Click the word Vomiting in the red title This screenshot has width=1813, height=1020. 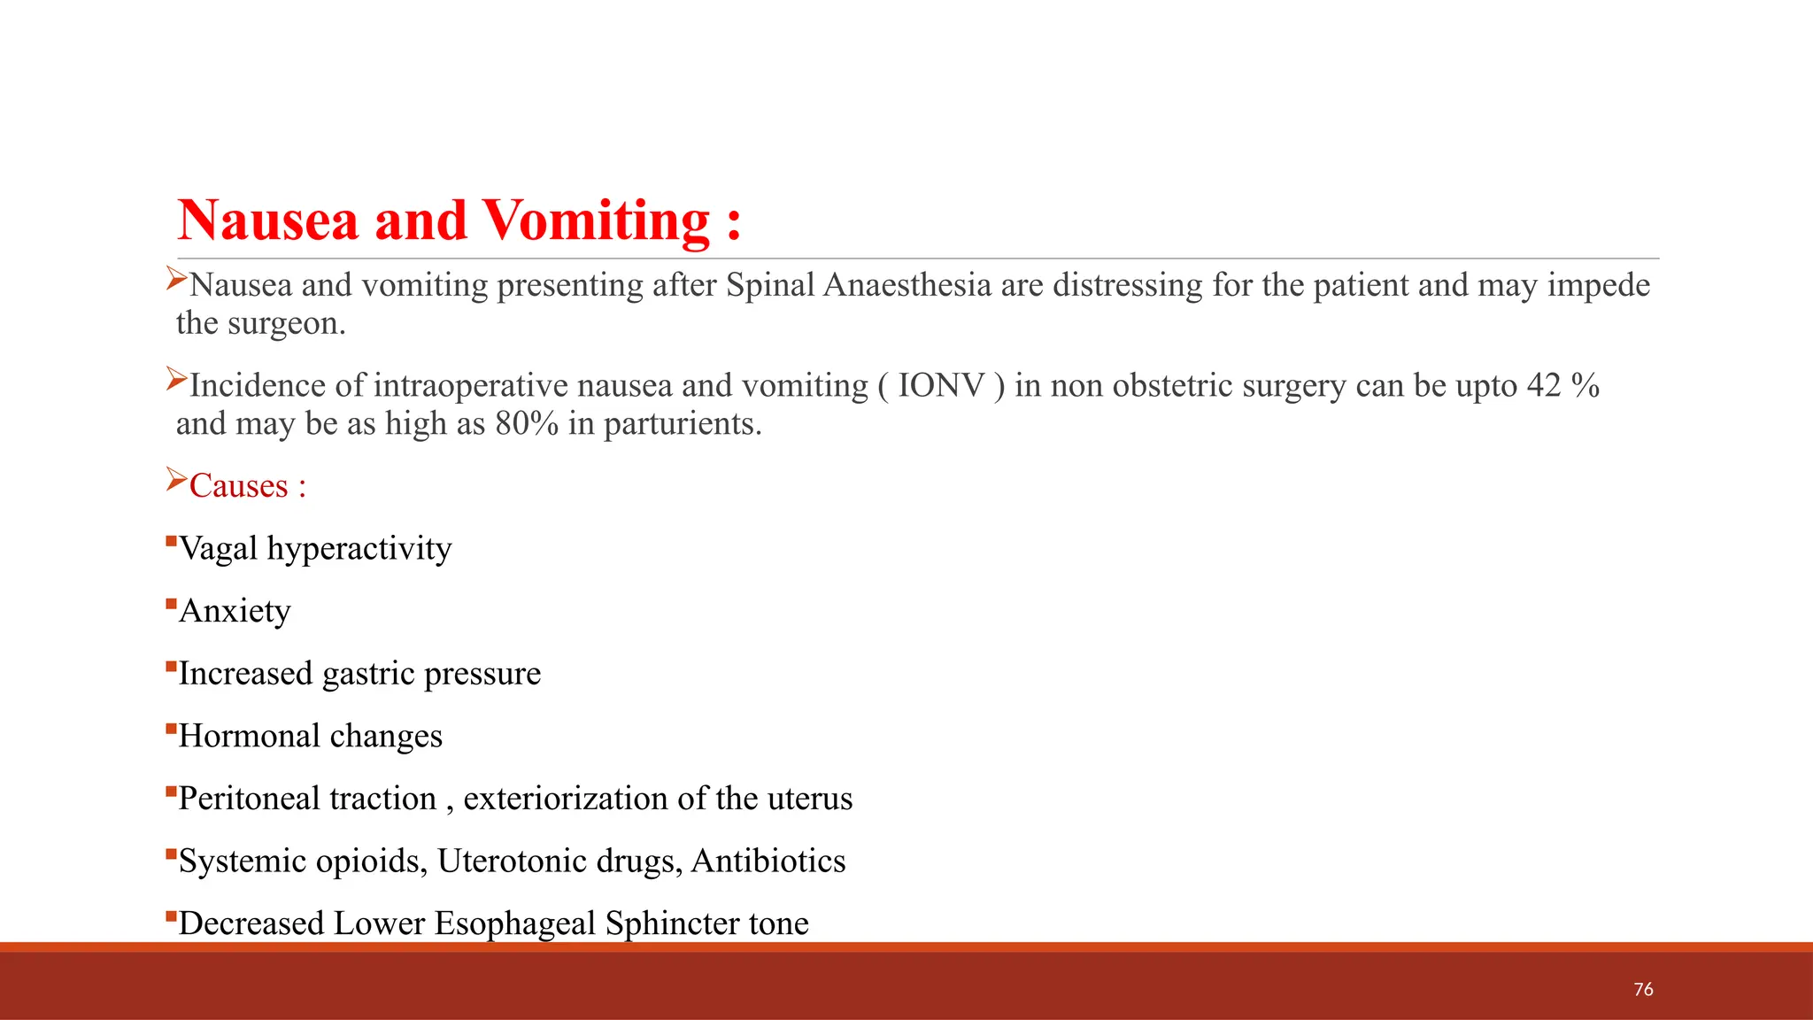596,220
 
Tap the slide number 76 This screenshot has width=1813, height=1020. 1643,989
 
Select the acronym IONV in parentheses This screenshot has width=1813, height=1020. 941,386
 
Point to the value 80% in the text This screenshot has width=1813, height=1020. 527,424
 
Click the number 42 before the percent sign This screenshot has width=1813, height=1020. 1544,386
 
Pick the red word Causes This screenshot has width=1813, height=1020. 238,486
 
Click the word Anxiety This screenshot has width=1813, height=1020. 235,611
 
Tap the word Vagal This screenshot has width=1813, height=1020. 218,548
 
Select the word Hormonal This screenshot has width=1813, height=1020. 249,736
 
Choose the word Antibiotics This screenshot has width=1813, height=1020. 768,862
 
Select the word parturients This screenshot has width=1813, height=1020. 682,424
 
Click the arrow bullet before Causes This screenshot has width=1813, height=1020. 176,482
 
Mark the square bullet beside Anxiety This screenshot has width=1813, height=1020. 171,605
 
